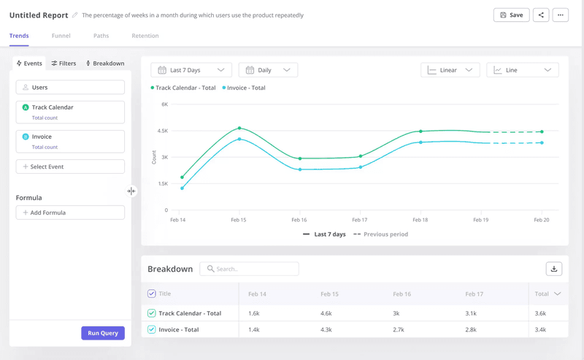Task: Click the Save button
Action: tap(511, 15)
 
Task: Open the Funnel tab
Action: tap(61, 36)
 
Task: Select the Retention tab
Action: tap(145, 36)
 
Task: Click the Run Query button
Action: tap(103, 333)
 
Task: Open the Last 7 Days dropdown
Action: tap(191, 70)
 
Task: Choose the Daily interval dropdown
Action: tap(268, 70)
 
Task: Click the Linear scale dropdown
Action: tap(450, 70)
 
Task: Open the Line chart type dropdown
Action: tap(522, 70)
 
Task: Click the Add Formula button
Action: tap(70, 212)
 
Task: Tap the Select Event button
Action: tap(70, 166)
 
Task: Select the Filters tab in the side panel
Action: tap(64, 64)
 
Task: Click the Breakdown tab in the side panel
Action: tap(105, 64)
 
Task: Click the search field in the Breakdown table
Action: tap(250, 269)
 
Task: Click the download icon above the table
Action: tap(554, 269)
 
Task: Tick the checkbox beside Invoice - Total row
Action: tap(152, 329)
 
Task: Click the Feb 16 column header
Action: tap(401, 294)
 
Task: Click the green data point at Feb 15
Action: tap(239, 129)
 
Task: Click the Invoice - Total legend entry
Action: tap(245, 88)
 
